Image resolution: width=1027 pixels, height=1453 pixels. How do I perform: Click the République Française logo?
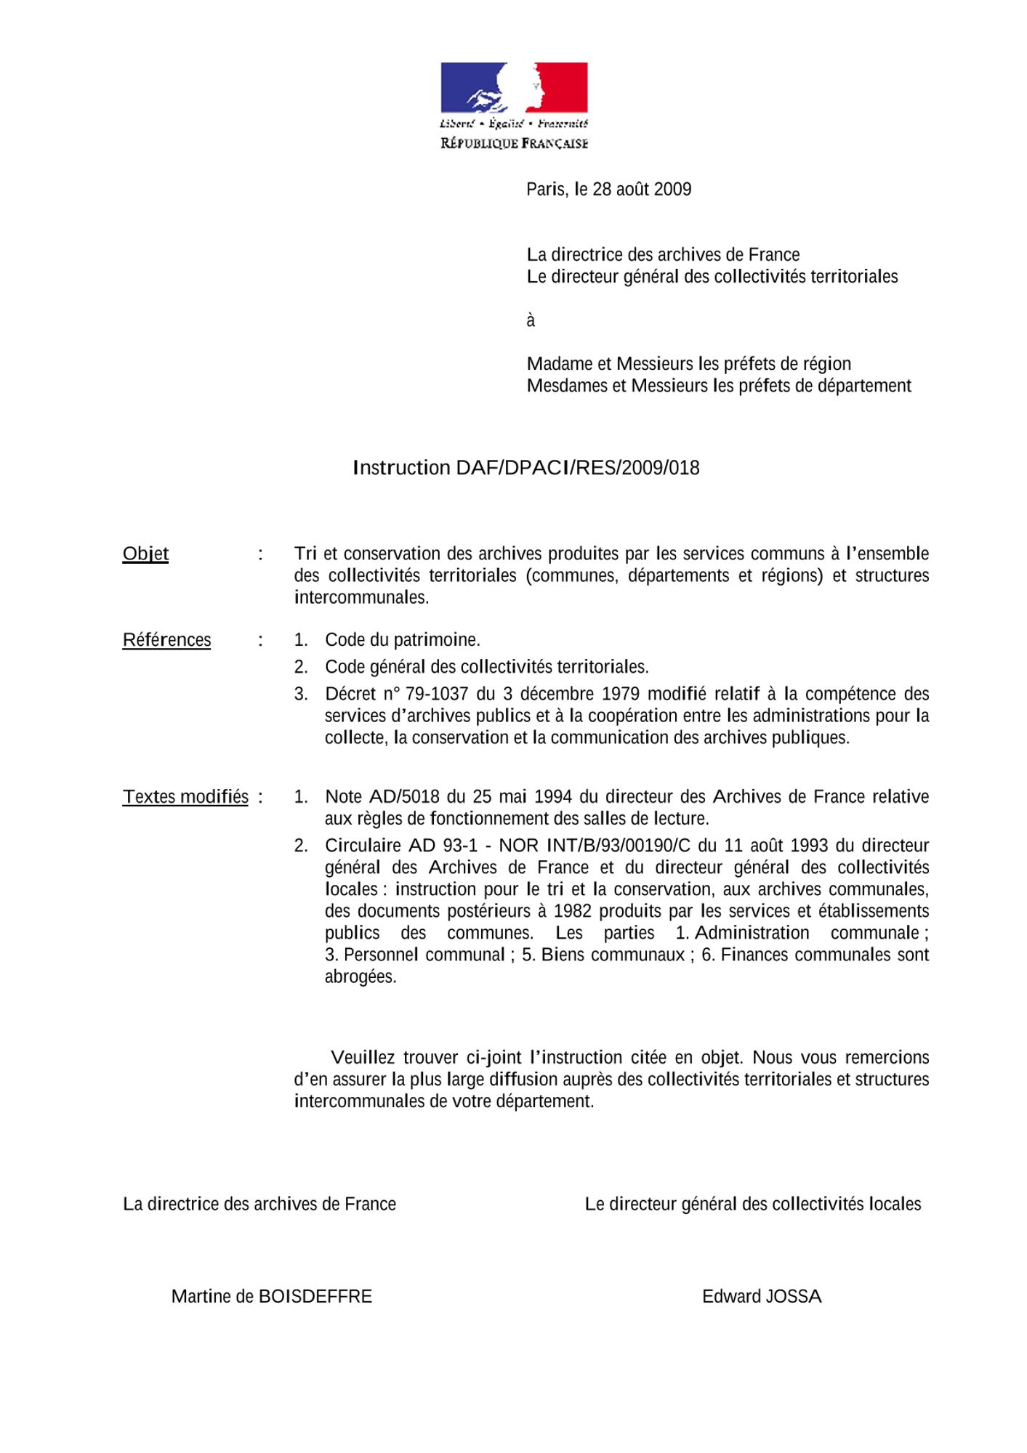tap(514, 105)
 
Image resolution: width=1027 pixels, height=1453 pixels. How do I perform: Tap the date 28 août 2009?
tap(642, 190)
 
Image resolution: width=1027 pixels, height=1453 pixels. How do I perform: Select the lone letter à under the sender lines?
tap(531, 320)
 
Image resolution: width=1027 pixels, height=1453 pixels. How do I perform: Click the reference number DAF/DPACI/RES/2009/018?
tap(578, 468)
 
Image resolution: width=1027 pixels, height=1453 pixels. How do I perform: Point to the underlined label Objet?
tap(145, 554)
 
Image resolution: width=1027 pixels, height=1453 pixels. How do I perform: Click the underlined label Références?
tap(166, 640)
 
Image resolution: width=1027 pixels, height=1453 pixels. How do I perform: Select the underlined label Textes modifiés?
tap(185, 797)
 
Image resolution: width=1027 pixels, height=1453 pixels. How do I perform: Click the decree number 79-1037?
tap(438, 694)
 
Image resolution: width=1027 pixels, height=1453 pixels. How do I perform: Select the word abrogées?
tap(361, 976)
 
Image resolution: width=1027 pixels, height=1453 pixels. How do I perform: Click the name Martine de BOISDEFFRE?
tap(271, 1297)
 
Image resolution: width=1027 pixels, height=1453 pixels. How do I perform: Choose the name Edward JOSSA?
tap(761, 1297)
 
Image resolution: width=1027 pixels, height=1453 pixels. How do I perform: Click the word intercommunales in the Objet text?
tap(361, 597)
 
